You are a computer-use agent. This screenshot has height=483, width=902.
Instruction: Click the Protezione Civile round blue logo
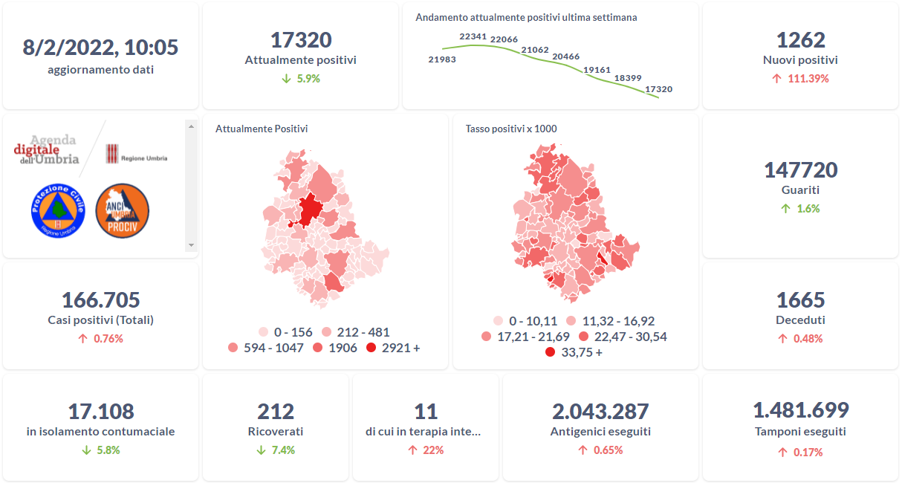click(x=58, y=211)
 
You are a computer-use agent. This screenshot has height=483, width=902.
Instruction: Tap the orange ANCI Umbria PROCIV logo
click(x=123, y=211)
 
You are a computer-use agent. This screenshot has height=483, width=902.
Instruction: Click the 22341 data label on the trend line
click(x=473, y=36)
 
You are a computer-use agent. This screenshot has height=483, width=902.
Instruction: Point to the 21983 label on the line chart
click(x=442, y=59)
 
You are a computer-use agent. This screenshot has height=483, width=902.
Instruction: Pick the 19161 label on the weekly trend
click(x=597, y=70)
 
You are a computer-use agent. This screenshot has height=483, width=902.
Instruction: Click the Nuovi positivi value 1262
click(x=800, y=40)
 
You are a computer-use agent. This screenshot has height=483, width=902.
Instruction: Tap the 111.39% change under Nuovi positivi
click(x=800, y=78)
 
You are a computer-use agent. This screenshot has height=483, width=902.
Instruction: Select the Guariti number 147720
click(x=800, y=170)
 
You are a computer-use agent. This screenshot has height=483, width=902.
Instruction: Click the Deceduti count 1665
click(x=800, y=300)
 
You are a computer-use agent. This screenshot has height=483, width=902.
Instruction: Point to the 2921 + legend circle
click(x=371, y=348)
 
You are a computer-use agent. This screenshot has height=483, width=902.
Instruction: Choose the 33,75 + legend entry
click(x=550, y=352)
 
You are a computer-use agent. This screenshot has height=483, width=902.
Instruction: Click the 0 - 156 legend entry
click(x=264, y=332)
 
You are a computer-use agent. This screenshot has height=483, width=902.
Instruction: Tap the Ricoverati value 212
click(x=276, y=412)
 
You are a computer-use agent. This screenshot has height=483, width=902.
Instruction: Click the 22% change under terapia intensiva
click(x=426, y=450)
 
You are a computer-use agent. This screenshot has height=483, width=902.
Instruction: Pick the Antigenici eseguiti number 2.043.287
click(x=600, y=412)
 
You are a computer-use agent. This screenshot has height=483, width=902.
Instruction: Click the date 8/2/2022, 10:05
click(x=101, y=48)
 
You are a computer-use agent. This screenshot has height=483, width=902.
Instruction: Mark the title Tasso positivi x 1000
click(x=511, y=129)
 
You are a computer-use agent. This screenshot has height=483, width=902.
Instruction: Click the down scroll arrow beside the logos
click(x=191, y=245)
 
